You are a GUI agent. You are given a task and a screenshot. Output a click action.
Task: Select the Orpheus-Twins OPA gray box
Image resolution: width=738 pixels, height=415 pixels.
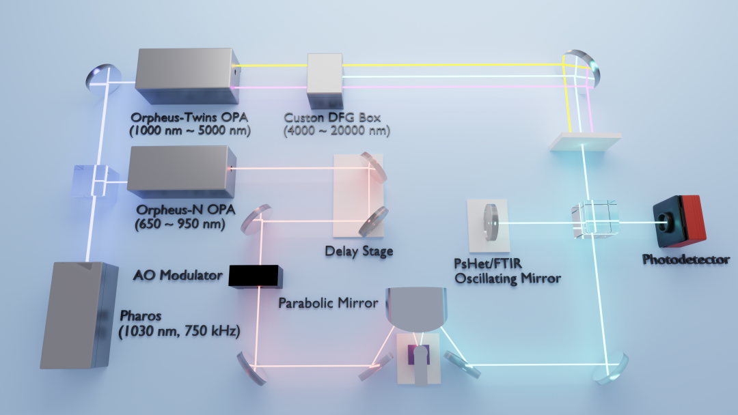click(x=187, y=76)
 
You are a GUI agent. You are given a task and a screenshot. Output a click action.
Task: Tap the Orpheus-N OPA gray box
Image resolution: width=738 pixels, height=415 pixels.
click(x=181, y=171)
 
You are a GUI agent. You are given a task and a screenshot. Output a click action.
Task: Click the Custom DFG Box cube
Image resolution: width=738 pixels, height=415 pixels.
click(x=325, y=80)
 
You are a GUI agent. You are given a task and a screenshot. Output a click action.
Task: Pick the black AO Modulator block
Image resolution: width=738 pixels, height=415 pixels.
click(x=256, y=276)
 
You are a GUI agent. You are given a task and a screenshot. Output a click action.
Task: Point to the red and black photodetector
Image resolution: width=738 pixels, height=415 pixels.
click(x=679, y=221)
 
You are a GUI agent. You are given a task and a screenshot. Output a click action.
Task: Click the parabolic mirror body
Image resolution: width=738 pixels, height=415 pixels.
click(x=416, y=307)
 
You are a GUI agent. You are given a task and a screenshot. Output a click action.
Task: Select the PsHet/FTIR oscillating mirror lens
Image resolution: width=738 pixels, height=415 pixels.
click(x=491, y=222)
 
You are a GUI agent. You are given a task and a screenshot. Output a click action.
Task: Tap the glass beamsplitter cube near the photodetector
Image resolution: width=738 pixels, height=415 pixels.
click(x=594, y=219)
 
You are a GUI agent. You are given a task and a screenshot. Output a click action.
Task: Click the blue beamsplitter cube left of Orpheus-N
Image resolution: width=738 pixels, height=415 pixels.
click(x=96, y=180)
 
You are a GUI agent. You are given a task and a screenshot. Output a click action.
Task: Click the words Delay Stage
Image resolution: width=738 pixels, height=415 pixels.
click(x=359, y=251)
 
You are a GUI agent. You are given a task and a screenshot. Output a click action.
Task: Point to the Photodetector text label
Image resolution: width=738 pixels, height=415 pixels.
click(x=686, y=259)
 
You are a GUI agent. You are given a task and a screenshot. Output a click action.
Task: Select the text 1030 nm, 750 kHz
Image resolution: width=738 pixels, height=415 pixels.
click(x=179, y=331)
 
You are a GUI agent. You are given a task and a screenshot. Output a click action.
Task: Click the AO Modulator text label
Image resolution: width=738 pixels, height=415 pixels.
click(x=178, y=275)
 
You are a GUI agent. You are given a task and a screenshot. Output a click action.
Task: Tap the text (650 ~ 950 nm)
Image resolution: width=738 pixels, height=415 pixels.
click(x=180, y=224)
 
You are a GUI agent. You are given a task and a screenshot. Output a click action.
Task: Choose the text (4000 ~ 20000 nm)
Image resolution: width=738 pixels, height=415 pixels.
click(x=337, y=130)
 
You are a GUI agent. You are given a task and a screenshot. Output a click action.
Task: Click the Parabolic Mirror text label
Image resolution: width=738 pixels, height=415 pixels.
click(x=328, y=302)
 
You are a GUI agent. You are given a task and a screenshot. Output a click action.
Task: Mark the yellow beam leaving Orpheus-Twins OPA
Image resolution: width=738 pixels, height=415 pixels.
click(x=273, y=66)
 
